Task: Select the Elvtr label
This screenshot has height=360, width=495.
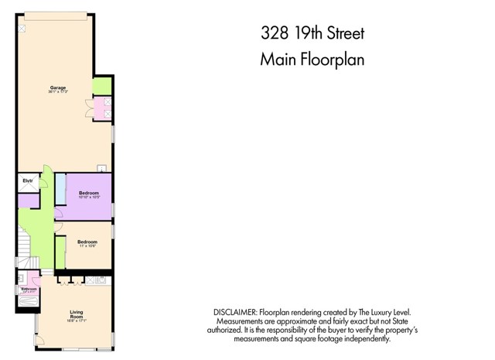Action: [26, 182]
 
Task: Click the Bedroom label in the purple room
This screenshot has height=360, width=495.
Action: [87, 192]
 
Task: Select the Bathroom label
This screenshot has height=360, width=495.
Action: [29, 289]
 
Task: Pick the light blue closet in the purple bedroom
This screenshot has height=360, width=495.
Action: [60, 190]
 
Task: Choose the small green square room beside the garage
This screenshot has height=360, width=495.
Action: [101, 86]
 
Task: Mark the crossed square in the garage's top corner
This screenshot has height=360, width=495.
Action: [22, 29]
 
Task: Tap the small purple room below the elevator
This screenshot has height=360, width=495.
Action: [29, 201]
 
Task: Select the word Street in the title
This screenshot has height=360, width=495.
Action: [341, 34]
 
